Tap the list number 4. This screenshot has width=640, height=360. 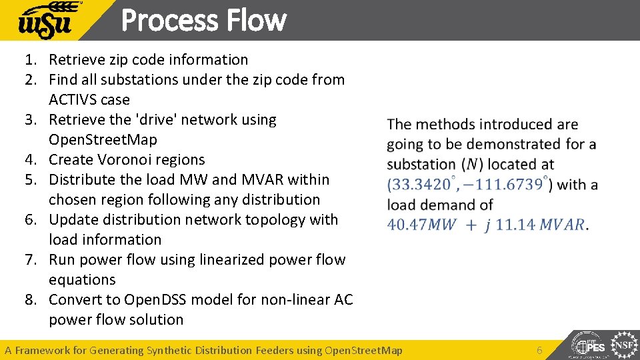click(31, 160)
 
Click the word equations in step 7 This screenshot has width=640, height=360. click(82, 280)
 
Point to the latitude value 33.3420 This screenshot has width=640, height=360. click(417, 184)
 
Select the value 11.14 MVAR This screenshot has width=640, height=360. click(540, 224)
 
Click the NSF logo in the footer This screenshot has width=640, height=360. click(624, 346)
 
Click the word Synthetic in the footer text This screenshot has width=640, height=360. click(171, 350)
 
